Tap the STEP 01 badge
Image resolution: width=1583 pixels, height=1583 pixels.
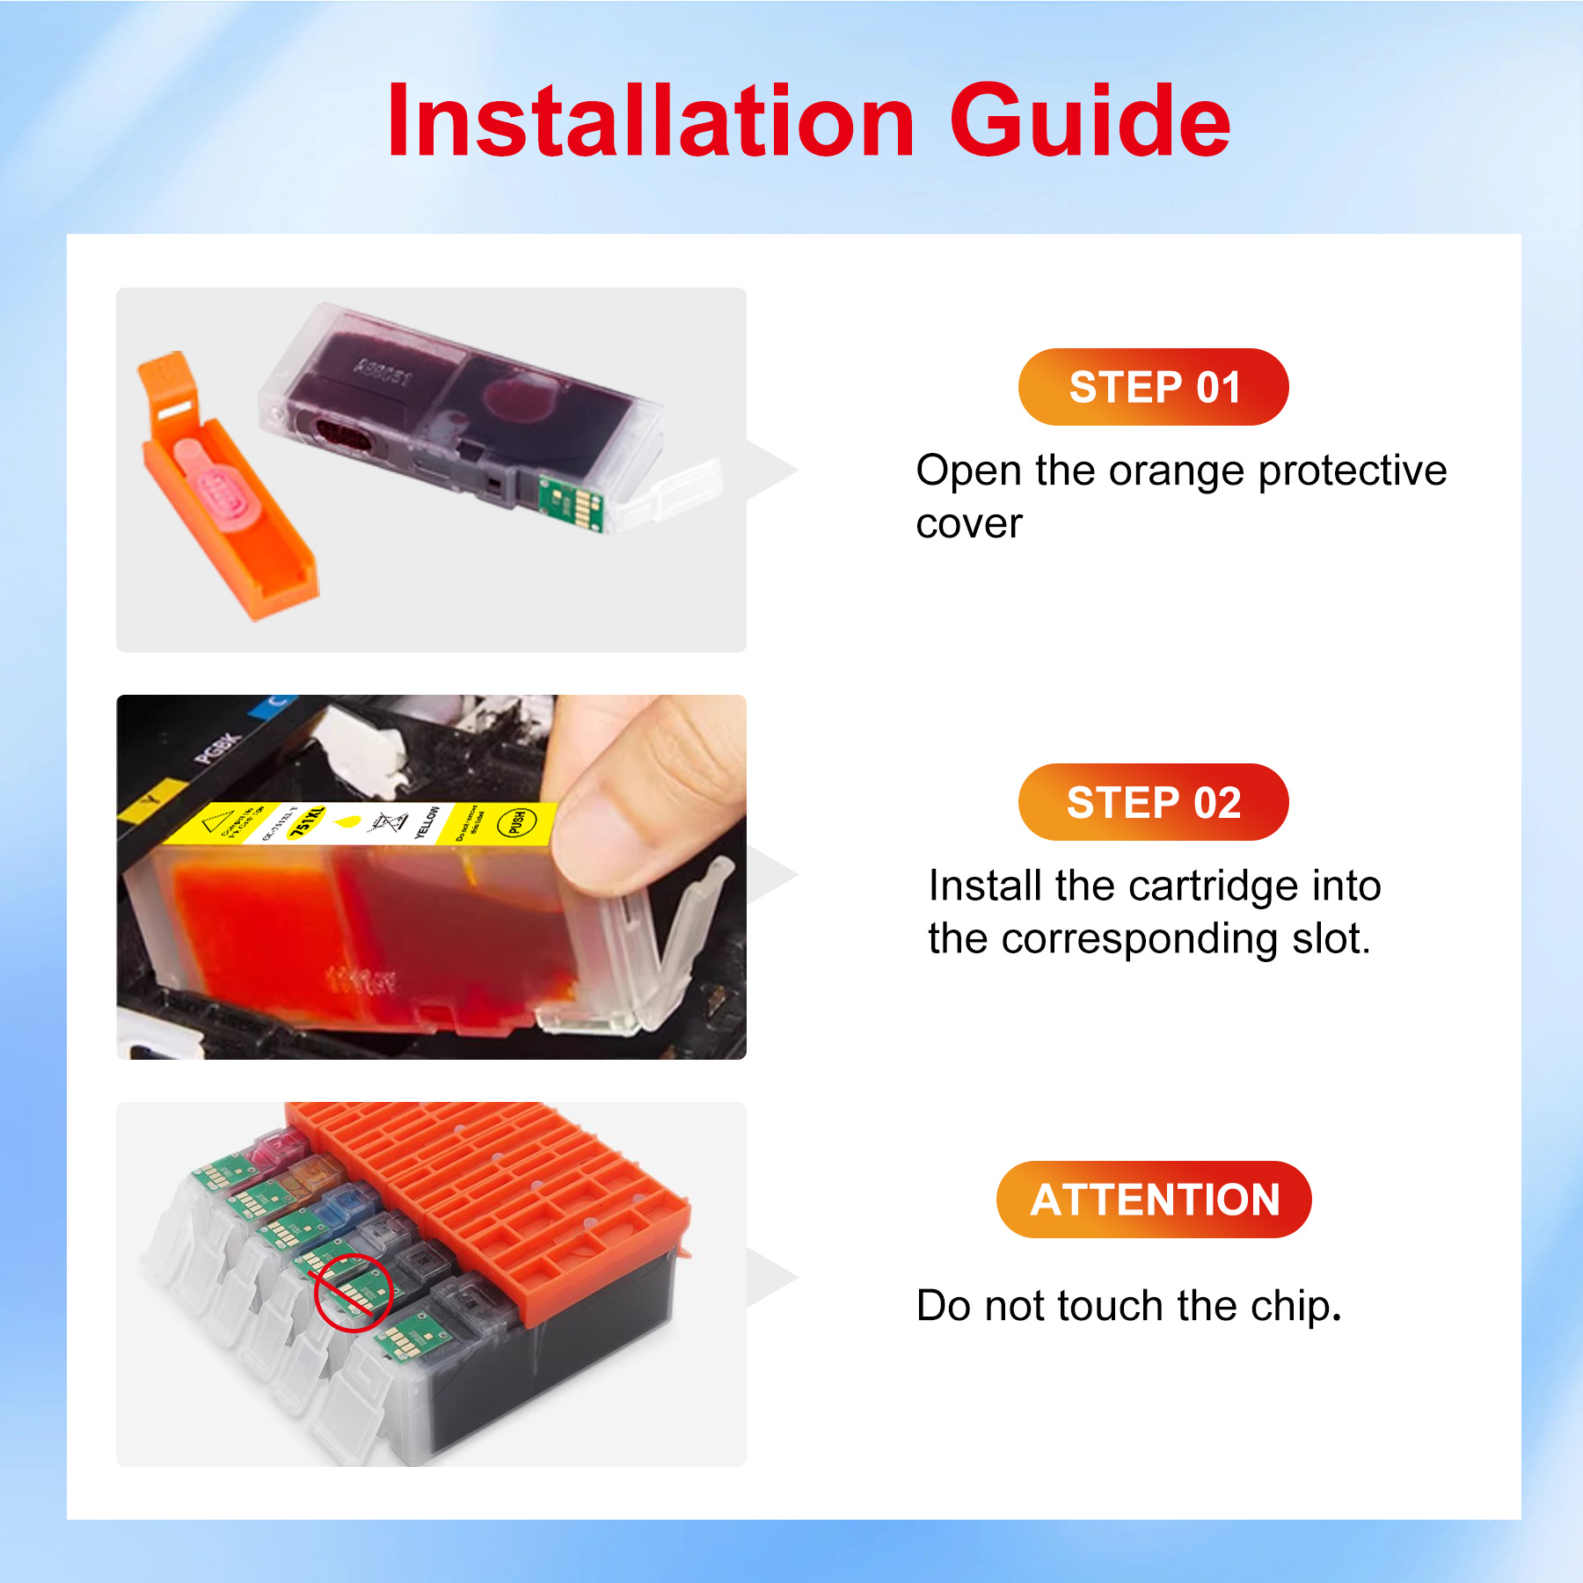coord(1153,387)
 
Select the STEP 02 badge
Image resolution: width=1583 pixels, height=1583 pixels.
coord(1153,802)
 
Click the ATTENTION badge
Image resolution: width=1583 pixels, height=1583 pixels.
coord(1153,1200)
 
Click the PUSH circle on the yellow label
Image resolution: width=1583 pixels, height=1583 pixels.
coord(516,822)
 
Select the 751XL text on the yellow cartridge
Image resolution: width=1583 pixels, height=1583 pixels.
coord(307,822)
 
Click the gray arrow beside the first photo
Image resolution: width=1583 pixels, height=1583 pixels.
coord(772,471)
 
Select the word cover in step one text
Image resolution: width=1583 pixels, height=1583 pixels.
coord(968,525)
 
